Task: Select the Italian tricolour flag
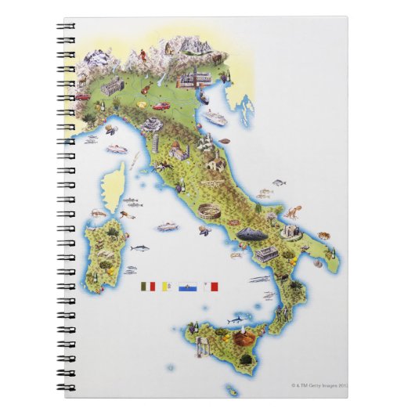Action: (x=147, y=287)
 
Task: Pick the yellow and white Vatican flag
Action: (x=168, y=287)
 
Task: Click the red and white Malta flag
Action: (x=209, y=287)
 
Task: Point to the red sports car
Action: (x=162, y=106)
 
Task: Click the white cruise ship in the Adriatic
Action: (x=216, y=117)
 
